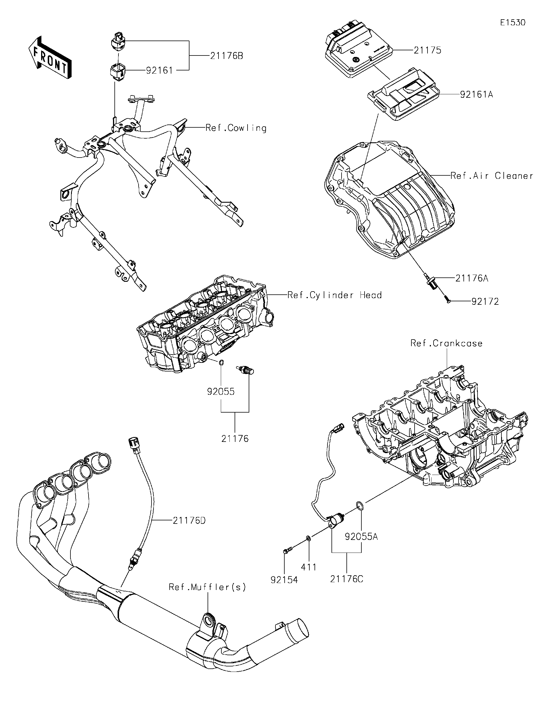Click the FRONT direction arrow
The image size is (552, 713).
pos(50,57)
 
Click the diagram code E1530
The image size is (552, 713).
pos(513,22)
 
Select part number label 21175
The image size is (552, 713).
pos(427,50)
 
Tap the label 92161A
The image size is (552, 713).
pos(476,95)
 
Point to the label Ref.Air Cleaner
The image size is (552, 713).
pos(492,176)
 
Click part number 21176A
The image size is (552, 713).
pos(472,279)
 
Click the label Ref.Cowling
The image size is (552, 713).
pos(236,128)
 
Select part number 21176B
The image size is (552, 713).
pos(227,56)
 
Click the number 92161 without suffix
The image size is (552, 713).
pos(159,70)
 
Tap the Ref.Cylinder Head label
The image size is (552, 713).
pos(335,295)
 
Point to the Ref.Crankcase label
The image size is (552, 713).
pos(446,344)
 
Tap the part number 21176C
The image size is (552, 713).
pos(346,579)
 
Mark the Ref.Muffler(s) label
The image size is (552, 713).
pos(207,587)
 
